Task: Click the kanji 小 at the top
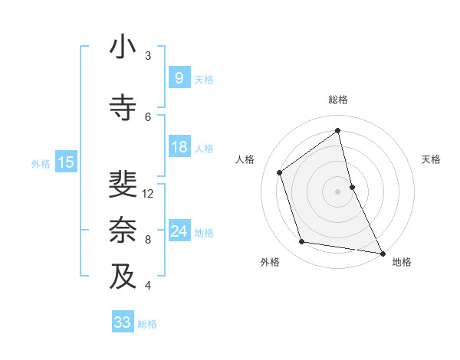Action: pyautogui.click(x=123, y=47)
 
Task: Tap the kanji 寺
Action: pyautogui.click(x=123, y=108)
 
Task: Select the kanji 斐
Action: pyautogui.click(x=123, y=185)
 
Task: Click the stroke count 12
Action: pyautogui.click(x=148, y=194)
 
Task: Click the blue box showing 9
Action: pyautogui.click(x=179, y=77)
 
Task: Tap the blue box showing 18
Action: pyautogui.click(x=179, y=147)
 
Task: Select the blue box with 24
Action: pyautogui.click(x=179, y=231)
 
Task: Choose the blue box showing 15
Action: pyautogui.click(x=66, y=162)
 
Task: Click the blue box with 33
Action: pyautogui.click(x=122, y=322)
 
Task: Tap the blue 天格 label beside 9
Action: pyautogui.click(x=204, y=79)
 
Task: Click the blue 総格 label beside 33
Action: pyautogui.click(x=147, y=324)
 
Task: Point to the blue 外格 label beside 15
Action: pyautogui.click(x=41, y=163)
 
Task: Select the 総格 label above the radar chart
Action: pyautogui.click(x=338, y=100)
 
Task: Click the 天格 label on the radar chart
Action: pyautogui.click(x=431, y=159)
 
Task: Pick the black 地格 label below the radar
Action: pyautogui.click(x=402, y=262)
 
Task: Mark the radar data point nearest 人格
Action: pyautogui.click(x=280, y=172)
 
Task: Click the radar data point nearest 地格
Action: pyautogui.click(x=382, y=252)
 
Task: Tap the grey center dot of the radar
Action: pyautogui.click(x=337, y=191)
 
